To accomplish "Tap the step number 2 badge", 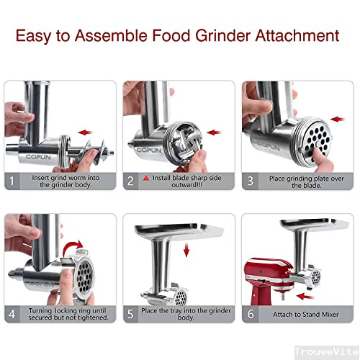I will coord(132,181).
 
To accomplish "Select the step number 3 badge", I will coord(250,181).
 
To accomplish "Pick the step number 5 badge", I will coord(132,313).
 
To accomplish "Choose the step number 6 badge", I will coord(250,313).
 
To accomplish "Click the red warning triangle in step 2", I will coord(146,177).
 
